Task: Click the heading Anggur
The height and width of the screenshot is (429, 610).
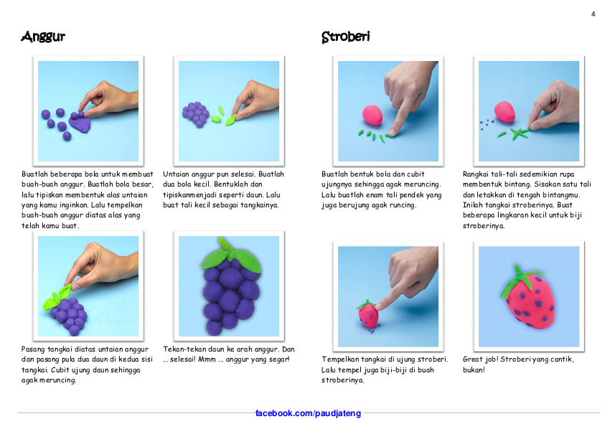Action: [x=43, y=37]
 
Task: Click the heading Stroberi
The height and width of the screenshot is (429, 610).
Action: [x=345, y=37]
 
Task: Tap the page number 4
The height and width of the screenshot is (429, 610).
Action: [x=593, y=14]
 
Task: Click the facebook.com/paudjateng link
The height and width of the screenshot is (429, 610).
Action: [x=308, y=413]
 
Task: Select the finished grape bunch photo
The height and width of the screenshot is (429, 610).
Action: [x=229, y=286]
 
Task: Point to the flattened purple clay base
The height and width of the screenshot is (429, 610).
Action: [x=80, y=124]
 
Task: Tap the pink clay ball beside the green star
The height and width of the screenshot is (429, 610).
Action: [x=505, y=112]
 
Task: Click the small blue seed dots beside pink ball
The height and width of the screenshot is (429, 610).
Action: [x=486, y=124]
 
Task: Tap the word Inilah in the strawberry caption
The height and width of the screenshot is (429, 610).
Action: [x=472, y=205]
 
